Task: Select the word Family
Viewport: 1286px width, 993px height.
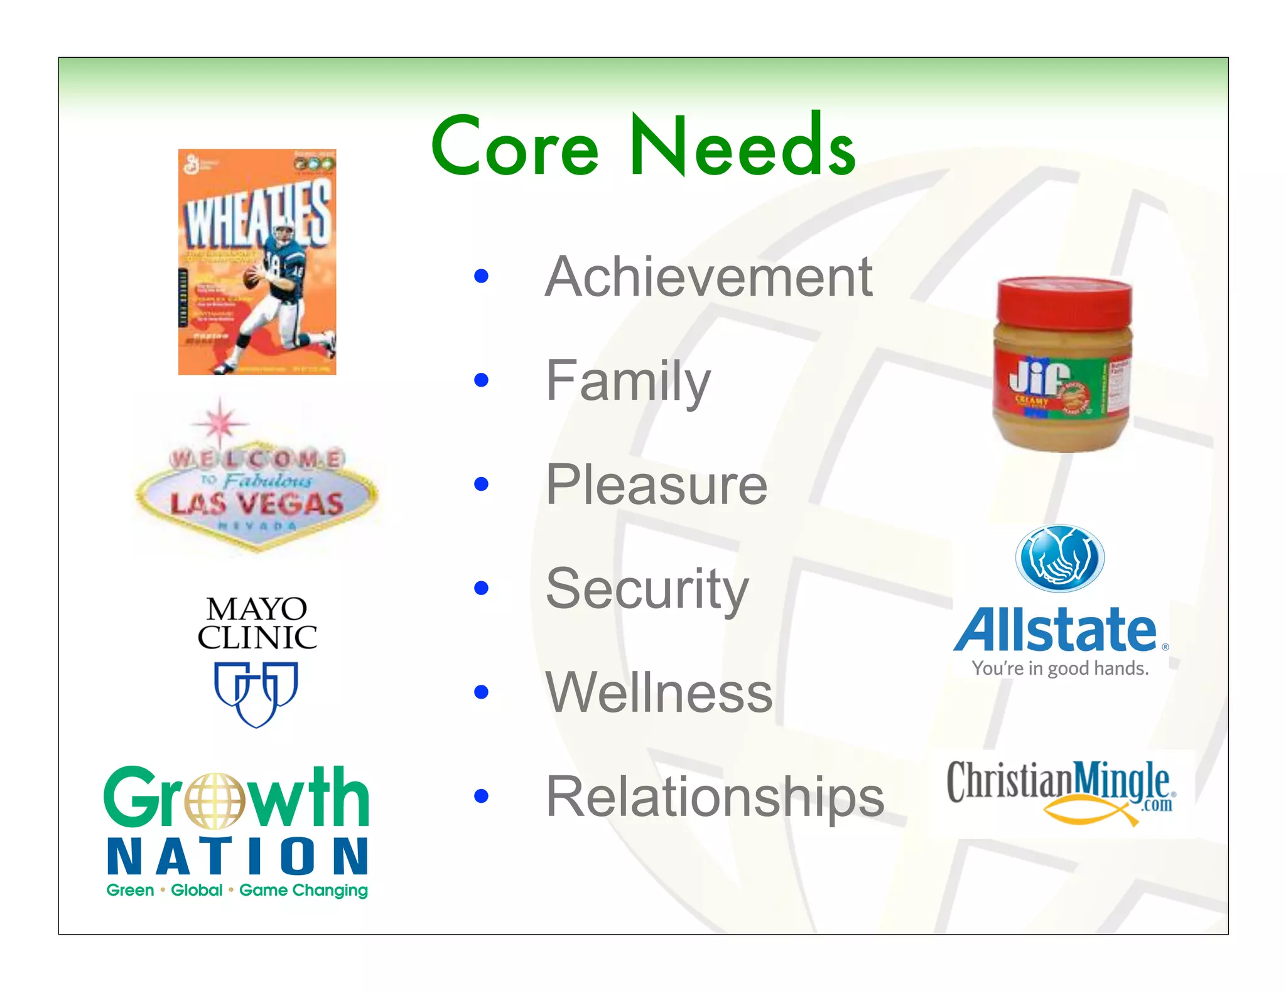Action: pos(628,381)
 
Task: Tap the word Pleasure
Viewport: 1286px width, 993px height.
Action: pos(656,485)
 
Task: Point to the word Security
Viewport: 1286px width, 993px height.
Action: pos(647,589)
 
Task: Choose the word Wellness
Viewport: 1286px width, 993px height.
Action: pos(659,692)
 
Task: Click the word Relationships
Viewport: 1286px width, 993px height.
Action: pos(715,797)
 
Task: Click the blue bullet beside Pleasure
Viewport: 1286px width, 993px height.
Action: pos(482,484)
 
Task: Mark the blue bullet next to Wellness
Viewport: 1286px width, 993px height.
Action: pos(482,692)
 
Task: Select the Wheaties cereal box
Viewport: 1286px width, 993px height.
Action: pos(257,262)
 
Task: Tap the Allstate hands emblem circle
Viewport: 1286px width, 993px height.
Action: pos(1060,558)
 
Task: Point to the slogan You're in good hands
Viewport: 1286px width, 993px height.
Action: pos(1060,668)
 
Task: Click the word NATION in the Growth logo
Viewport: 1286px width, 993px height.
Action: pos(237,856)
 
